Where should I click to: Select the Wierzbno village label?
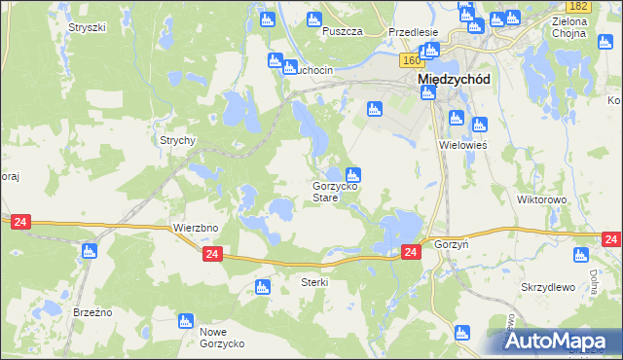coord(194,228)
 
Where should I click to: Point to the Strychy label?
coord(178,140)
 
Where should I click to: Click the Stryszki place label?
coord(87,27)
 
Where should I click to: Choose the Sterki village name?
coord(314,282)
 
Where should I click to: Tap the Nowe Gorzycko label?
coord(222,338)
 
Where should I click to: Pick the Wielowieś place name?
coord(462,144)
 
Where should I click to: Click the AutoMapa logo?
coord(559,342)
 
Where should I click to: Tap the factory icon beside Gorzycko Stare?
coord(354,175)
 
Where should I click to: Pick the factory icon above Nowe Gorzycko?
coord(183,320)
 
